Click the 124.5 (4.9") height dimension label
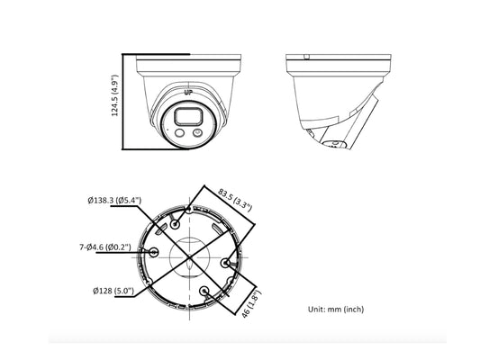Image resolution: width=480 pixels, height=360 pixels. (114, 95)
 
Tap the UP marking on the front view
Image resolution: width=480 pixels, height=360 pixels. (188, 92)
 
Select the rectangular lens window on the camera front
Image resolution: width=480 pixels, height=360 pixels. (189, 117)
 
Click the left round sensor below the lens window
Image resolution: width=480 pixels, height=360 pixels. (179, 133)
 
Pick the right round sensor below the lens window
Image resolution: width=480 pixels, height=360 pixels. (197, 133)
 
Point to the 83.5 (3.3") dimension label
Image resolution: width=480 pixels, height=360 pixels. (235, 200)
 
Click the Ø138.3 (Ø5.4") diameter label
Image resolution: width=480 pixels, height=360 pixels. (114, 201)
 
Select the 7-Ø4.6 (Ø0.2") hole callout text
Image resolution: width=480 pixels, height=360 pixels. (105, 247)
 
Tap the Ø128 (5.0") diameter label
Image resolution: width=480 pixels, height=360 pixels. (113, 291)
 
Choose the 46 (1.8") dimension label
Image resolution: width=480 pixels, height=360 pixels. (251, 304)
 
